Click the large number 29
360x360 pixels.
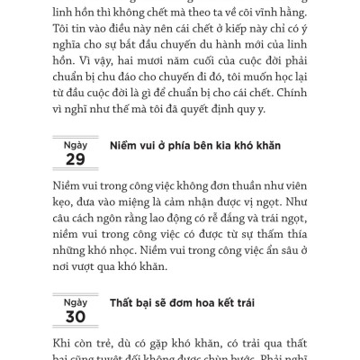coord(76,159)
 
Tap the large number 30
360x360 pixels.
coord(76,291)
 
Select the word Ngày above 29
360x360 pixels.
coord(76,144)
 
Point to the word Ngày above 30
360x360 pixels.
coord(76,275)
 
